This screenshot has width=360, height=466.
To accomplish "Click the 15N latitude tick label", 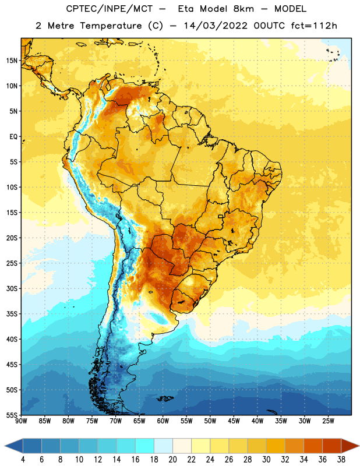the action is pyautogui.click(x=11, y=61).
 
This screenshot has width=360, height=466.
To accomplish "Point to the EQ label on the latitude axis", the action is pyautogui.click(x=13, y=137).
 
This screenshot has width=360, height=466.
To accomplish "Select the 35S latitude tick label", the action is pyautogui.click(x=11, y=314).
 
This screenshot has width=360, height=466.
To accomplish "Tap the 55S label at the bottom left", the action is pyautogui.click(x=11, y=415).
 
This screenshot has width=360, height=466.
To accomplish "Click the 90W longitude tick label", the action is pyautogui.click(x=21, y=421).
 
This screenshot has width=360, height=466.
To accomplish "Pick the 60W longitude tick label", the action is pyautogui.click(x=163, y=421).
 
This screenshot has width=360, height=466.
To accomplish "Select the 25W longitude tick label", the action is pyautogui.click(x=328, y=421).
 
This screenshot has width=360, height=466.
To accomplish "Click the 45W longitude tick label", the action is pyautogui.click(x=234, y=421).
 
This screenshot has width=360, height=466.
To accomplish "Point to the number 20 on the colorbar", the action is pyautogui.click(x=172, y=460).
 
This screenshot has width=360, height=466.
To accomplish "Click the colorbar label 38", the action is pyautogui.click(x=341, y=460).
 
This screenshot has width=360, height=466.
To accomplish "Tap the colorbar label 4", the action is pyautogui.click(x=23, y=460).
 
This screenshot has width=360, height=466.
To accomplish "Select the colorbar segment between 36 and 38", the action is pyautogui.click(x=332, y=446).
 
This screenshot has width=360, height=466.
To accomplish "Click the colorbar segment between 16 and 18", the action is pyautogui.click(x=145, y=446).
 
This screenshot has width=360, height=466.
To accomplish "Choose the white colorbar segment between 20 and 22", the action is pyautogui.click(x=182, y=446).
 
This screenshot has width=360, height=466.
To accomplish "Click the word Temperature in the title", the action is pyautogui.click(x=111, y=26).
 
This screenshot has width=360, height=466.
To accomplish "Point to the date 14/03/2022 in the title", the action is pyautogui.click(x=216, y=26).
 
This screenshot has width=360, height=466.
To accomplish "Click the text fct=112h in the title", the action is pyautogui.click(x=314, y=26).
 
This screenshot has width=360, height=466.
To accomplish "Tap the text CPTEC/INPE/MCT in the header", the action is pyautogui.click(x=110, y=9).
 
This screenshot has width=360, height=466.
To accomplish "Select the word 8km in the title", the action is pyautogui.click(x=243, y=9).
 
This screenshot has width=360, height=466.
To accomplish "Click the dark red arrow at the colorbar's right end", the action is pyautogui.click(x=350, y=446).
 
